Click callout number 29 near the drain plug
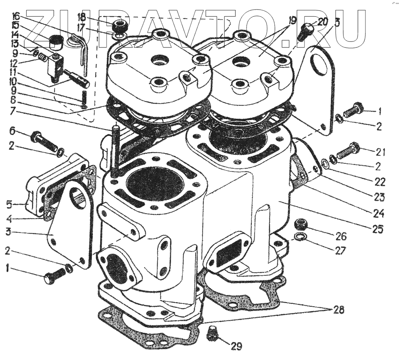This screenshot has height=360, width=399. click(237, 346)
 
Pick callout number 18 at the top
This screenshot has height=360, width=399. click(81, 17)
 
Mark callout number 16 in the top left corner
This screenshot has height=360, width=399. click(16, 16)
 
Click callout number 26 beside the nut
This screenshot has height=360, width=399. click(341, 236)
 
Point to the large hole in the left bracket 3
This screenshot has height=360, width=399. click(78, 197)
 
